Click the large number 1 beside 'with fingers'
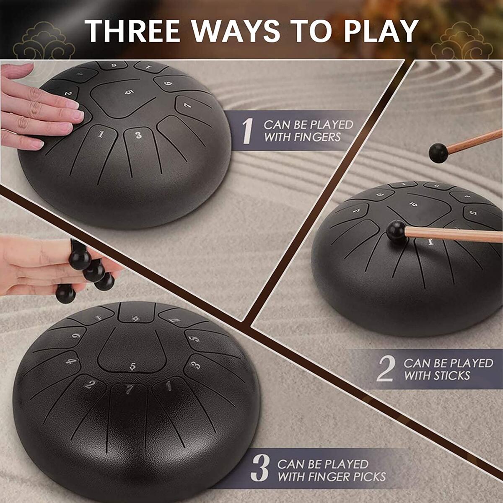[x=248, y=131]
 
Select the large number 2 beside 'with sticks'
[x=386, y=369]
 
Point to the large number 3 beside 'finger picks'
[x=260, y=470]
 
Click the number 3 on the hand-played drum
[x=138, y=135]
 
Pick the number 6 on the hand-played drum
[x=167, y=83]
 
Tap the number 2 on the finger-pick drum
[x=89, y=384]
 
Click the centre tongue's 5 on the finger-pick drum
[x=133, y=366]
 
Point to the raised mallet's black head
[x=438, y=153]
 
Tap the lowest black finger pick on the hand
[x=65, y=294]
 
